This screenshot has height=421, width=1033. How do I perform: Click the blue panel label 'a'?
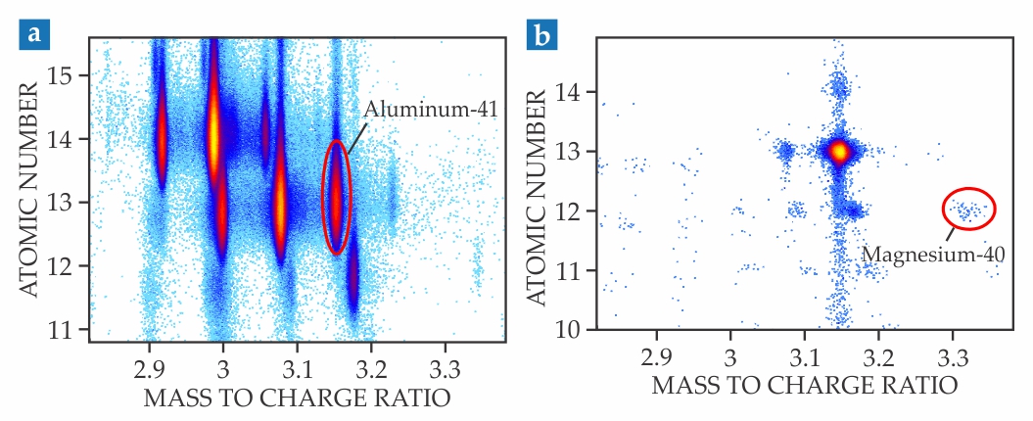pos(35,35)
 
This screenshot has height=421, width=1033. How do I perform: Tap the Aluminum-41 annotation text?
pos(432,110)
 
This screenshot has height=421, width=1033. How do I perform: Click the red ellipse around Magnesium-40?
pos(969,208)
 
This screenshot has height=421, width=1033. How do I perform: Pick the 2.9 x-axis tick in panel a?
pos(149,358)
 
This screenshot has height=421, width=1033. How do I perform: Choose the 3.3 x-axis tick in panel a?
pos(446,358)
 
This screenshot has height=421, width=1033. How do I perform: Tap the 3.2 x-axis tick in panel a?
pos(372,358)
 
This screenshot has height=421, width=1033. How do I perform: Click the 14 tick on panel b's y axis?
pos(576,92)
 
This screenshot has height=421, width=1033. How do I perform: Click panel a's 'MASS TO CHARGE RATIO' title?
pos(297,398)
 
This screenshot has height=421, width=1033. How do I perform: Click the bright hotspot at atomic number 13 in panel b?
pos(838,152)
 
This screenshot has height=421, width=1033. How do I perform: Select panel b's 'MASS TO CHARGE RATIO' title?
pos(804,385)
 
